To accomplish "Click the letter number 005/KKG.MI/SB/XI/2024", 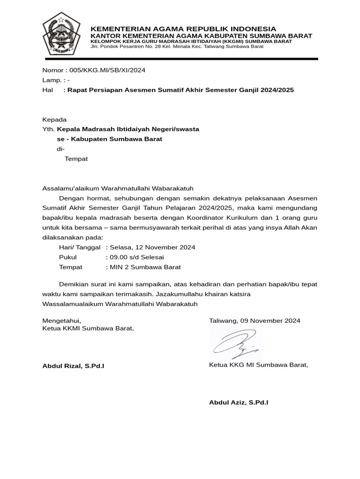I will pos(107,71).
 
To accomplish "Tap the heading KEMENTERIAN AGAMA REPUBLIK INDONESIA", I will pos(183,29).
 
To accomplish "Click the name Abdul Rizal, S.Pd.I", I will pos(73,365).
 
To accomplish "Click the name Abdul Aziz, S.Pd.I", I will pos(239,402).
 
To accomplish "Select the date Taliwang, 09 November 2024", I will pos(255,321).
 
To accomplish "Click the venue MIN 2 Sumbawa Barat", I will pos(145,267).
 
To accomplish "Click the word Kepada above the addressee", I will pos(55,120).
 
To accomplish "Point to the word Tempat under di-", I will pos(76,159).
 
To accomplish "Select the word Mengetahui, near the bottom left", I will pos(62,321).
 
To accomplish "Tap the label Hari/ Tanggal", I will pos(80,247).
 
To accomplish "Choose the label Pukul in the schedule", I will pos(67,257).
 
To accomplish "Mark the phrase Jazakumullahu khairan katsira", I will pos(202,294).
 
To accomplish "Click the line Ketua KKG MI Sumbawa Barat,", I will pos(258,365).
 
